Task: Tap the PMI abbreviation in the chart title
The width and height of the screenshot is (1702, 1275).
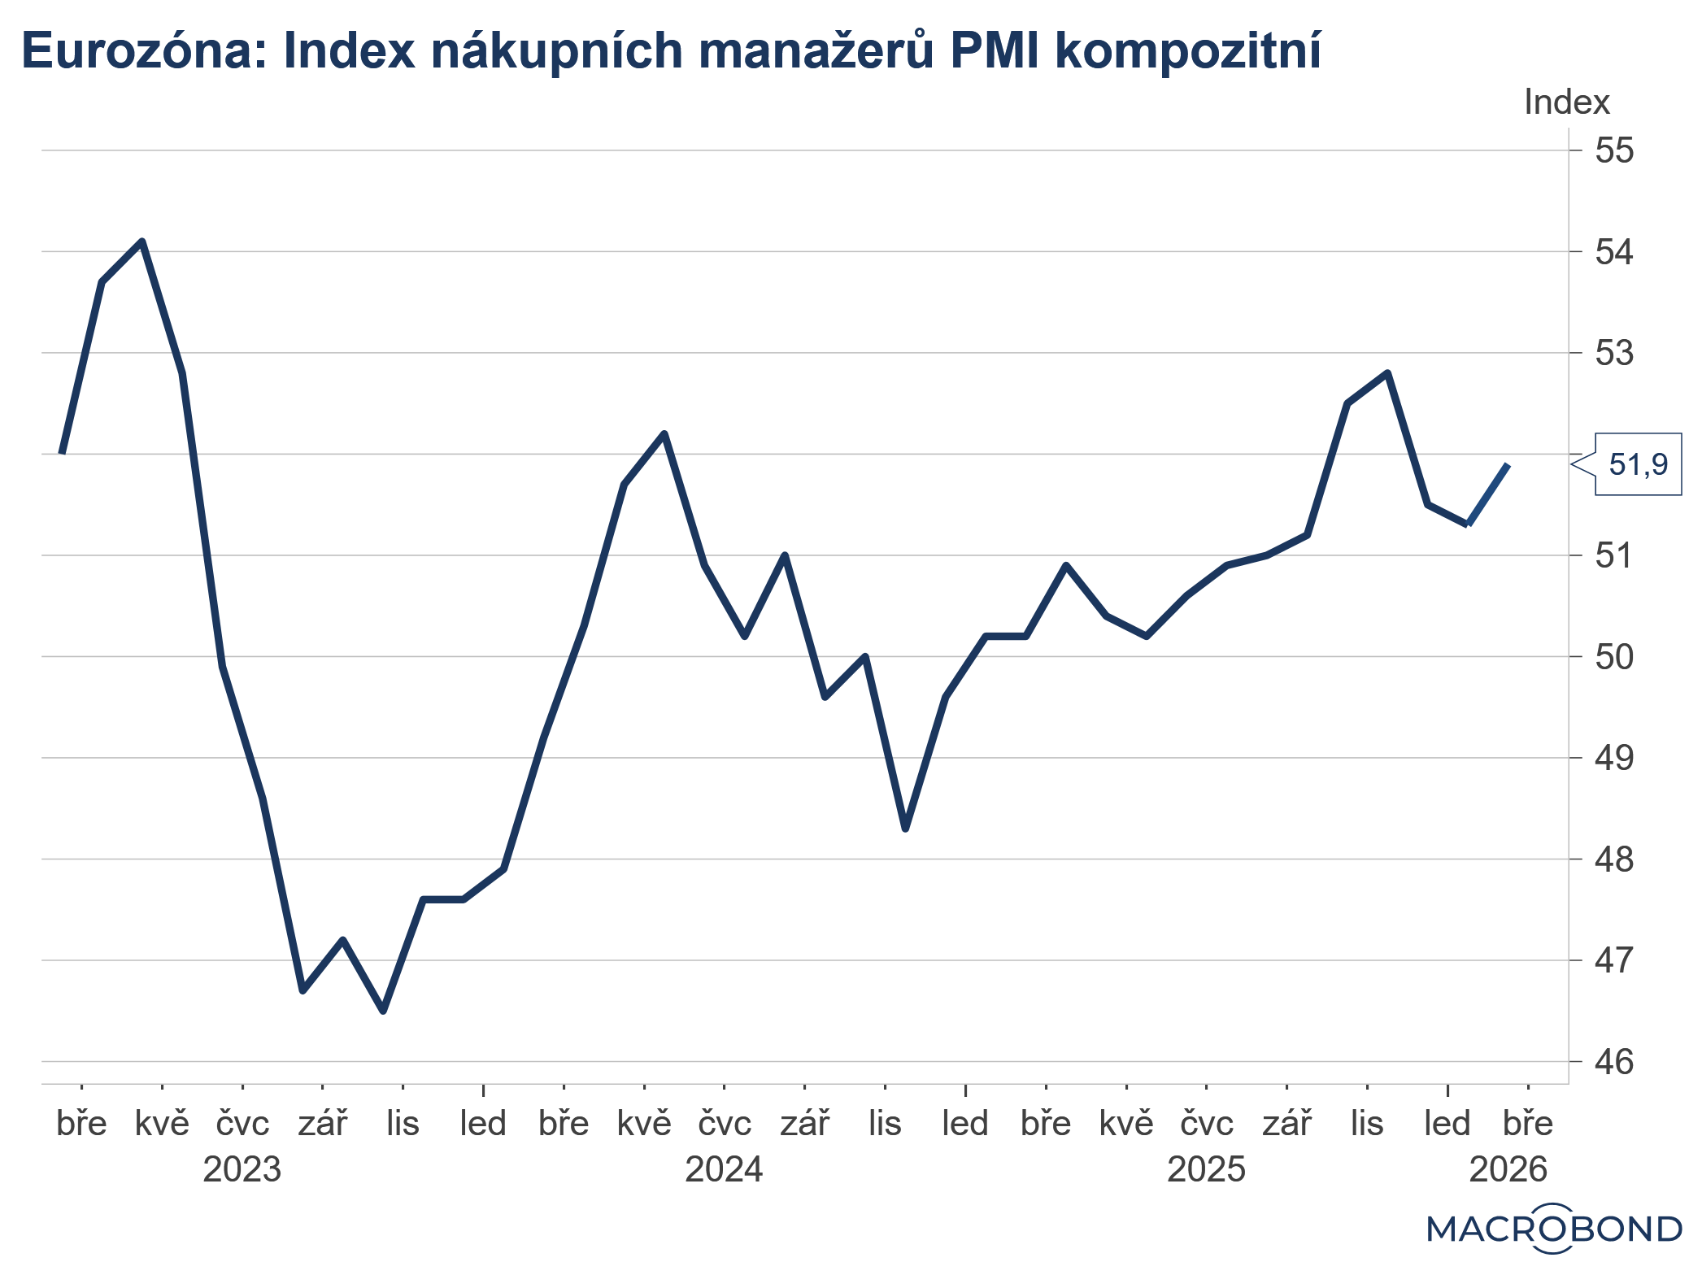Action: pyautogui.click(x=993, y=51)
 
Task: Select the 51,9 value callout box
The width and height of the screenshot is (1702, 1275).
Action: pyautogui.click(x=1637, y=464)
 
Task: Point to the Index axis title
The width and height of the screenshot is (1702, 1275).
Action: pyautogui.click(x=1566, y=102)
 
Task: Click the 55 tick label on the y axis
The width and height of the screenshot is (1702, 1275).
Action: pyautogui.click(x=1613, y=150)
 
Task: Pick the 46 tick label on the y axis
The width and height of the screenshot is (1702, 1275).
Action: pyautogui.click(x=1613, y=1062)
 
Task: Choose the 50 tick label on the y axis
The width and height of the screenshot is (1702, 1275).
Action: pyautogui.click(x=1613, y=657)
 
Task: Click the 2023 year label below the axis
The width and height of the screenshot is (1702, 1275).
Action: pyautogui.click(x=242, y=1169)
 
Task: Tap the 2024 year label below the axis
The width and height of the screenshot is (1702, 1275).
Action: pyautogui.click(x=724, y=1169)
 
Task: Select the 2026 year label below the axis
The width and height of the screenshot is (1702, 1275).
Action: pyautogui.click(x=1508, y=1169)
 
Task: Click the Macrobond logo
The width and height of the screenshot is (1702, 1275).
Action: pyautogui.click(x=1553, y=1229)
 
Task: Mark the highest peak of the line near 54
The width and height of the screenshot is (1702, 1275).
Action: pyautogui.click(x=142, y=242)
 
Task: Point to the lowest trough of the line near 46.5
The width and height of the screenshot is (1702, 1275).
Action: pyautogui.click(x=384, y=1011)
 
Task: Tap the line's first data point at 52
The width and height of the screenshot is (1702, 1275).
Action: pyautogui.click(x=63, y=452)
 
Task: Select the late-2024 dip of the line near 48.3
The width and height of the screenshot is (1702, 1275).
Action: pyautogui.click(x=906, y=829)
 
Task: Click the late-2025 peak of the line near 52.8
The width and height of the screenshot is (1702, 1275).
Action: pyautogui.click(x=1388, y=373)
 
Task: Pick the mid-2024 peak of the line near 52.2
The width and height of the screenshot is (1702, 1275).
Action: pyautogui.click(x=664, y=433)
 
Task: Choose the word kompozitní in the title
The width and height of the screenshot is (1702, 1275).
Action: pyautogui.click(x=1187, y=51)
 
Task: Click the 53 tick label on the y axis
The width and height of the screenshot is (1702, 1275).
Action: pyautogui.click(x=1613, y=353)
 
